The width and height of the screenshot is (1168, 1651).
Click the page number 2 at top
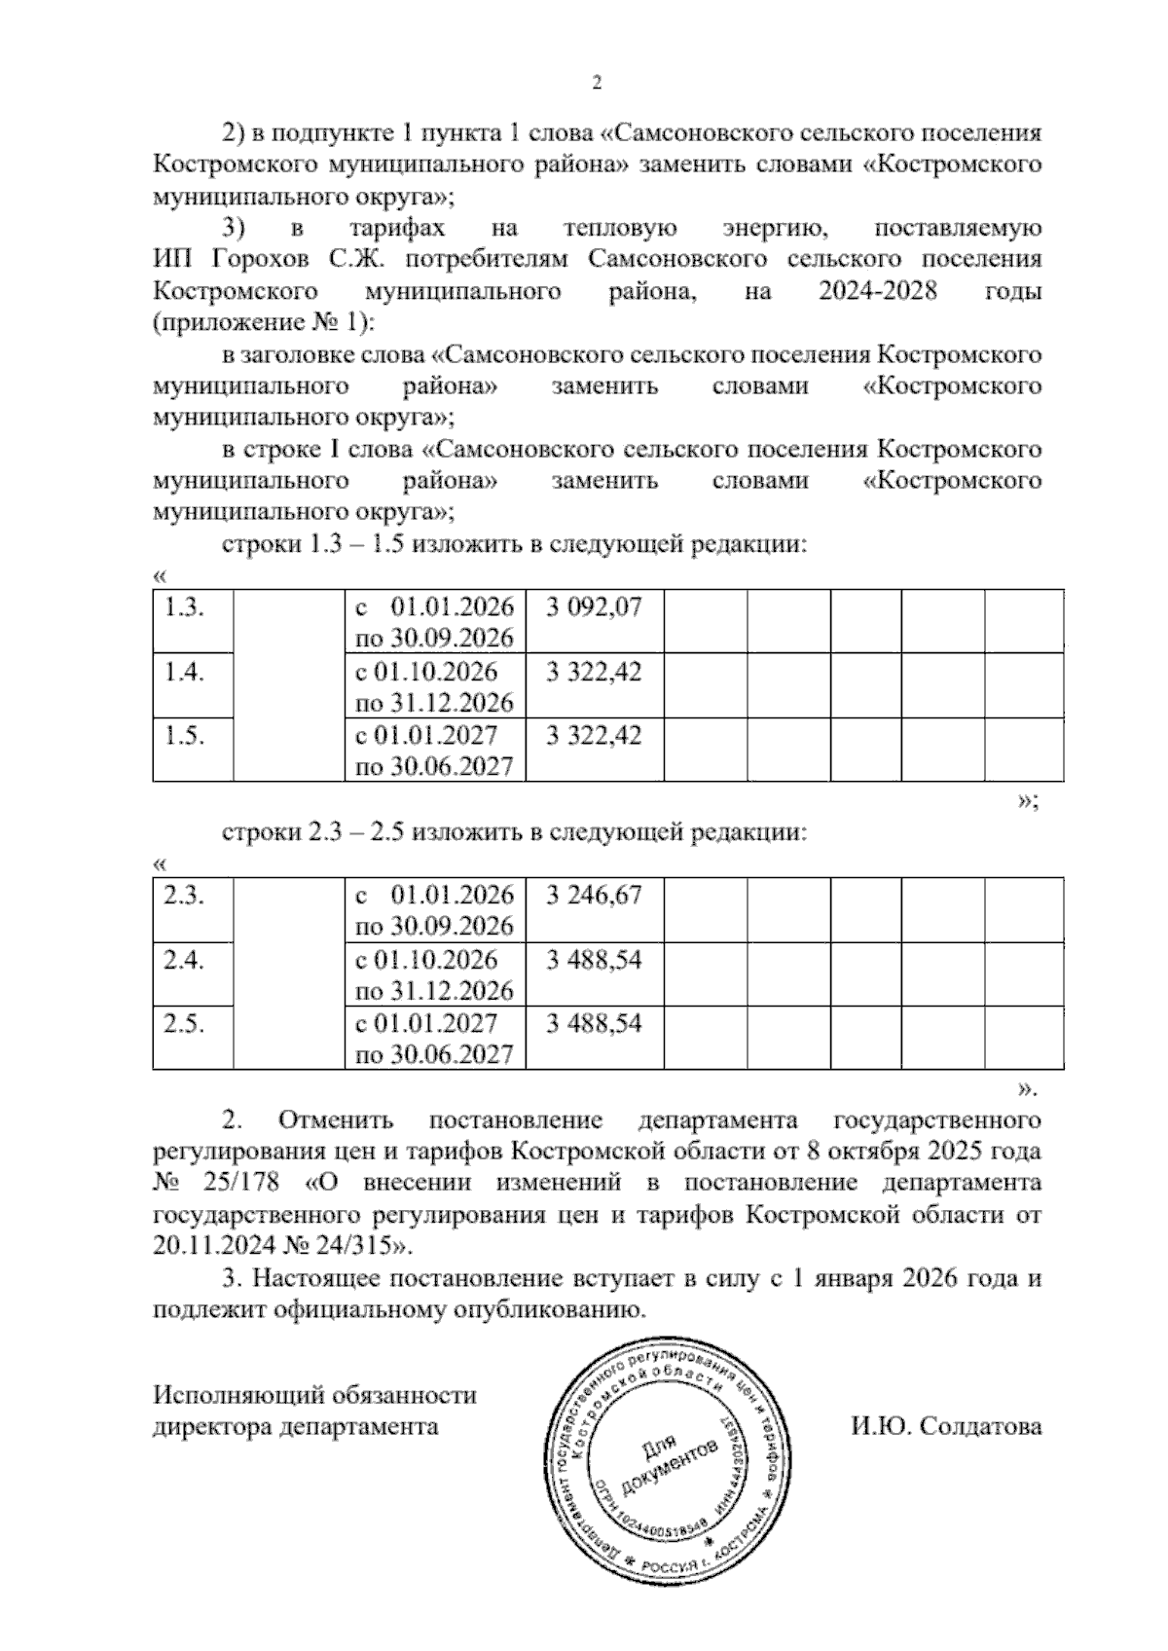coord(597,84)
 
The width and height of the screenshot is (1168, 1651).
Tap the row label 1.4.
coord(183,672)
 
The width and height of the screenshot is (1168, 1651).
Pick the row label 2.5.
coord(183,1023)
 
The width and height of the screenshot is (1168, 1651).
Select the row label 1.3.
coord(183,607)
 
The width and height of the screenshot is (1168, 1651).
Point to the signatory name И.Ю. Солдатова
coord(945,1427)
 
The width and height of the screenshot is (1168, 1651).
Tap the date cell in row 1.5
coord(434,751)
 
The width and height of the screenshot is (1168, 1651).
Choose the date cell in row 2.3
coord(434,910)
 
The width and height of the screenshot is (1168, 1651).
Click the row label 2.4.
coord(183,960)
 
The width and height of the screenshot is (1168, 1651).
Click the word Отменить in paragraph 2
coord(335,1119)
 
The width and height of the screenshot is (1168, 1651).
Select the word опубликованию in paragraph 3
coord(548,1310)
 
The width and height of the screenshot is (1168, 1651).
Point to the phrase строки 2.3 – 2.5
coord(312,833)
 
